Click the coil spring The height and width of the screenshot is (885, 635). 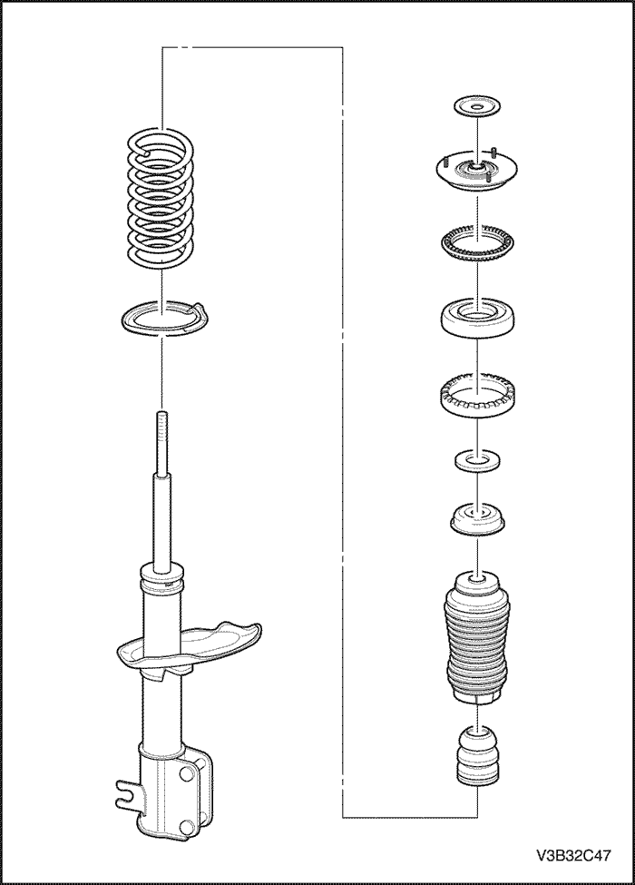point(161,197)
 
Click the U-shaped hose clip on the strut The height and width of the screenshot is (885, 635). point(127,792)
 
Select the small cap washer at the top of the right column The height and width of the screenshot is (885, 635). point(478,107)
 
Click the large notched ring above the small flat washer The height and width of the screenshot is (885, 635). point(478,393)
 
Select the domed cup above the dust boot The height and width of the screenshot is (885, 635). point(478,518)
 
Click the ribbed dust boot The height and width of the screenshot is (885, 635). point(478,638)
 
